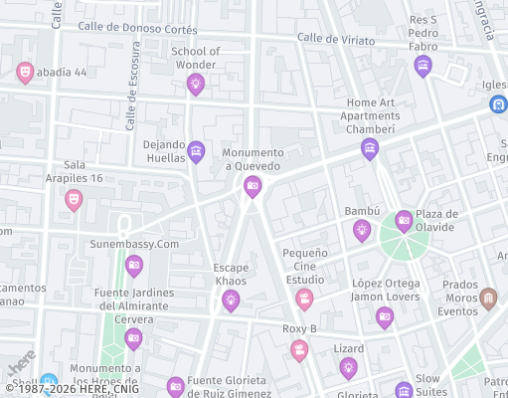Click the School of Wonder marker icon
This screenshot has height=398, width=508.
195,84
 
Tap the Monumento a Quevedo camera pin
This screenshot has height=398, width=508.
253,185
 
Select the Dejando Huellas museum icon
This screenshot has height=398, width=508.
196,151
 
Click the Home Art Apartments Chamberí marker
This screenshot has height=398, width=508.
370,149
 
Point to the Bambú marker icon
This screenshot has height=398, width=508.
362,230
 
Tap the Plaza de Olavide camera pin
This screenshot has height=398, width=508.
404,221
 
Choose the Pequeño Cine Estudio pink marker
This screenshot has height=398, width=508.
304,298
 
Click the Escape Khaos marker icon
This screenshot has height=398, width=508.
231,298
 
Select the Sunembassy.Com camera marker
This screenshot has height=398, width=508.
133,265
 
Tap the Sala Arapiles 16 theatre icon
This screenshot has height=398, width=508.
73,199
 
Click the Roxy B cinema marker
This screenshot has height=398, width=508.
299,349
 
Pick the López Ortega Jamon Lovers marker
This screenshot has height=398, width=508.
385,317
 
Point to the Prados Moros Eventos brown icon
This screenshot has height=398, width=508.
487,298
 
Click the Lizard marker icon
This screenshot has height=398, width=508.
348,368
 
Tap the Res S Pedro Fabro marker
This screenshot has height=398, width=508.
423,67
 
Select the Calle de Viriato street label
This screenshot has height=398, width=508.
336,40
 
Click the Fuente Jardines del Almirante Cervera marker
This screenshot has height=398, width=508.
133,338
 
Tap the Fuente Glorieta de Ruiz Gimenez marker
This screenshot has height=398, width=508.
176,386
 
